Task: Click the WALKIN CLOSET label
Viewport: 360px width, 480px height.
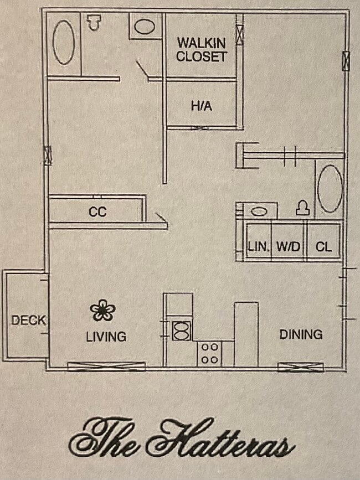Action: [x=202, y=49]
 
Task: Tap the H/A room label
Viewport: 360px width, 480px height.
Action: [x=202, y=106]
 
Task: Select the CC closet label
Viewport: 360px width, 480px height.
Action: [x=97, y=212]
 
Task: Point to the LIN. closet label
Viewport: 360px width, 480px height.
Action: [x=258, y=247]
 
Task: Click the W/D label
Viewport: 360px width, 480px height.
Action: [x=288, y=247]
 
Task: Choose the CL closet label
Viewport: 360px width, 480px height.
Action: [x=323, y=247]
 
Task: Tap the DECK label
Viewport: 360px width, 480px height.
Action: [x=28, y=320]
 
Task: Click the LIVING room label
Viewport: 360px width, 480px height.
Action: [x=106, y=336]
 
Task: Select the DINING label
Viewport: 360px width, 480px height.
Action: [x=301, y=334]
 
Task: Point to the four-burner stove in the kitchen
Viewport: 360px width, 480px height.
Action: [x=209, y=353]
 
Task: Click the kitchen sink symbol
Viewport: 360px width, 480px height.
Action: [x=181, y=331]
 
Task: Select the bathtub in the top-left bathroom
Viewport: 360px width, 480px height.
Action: [x=63, y=42]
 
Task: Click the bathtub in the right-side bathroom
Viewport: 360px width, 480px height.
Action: [x=330, y=189]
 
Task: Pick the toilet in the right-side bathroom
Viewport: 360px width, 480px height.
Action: [x=301, y=208]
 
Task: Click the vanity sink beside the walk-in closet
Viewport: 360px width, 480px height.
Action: [x=145, y=27]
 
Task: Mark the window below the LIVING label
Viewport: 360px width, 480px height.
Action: [x=106, y=366]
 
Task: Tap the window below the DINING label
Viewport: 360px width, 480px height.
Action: [x=300, y=367]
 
